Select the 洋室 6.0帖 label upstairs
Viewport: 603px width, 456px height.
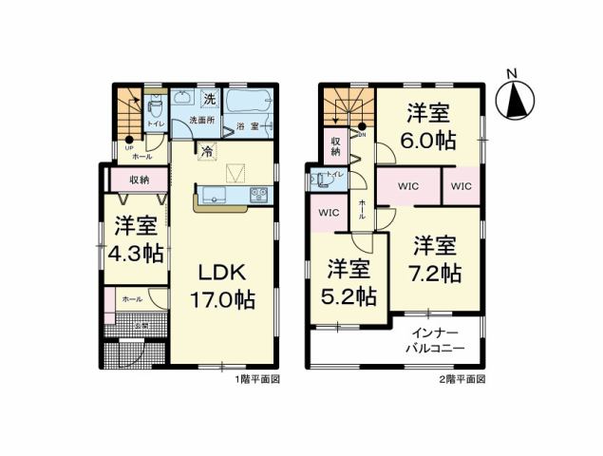[x=428, y=126]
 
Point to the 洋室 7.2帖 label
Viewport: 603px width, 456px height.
[x=435, y=258]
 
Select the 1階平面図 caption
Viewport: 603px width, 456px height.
[x=256, y=378]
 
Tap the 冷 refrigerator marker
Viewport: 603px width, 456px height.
[x=207, y=150]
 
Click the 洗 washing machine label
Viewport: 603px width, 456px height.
[x=210, y=99]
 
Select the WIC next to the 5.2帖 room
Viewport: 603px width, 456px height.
[x=328, y=212]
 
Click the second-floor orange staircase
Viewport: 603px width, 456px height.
[x=342, y=106]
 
